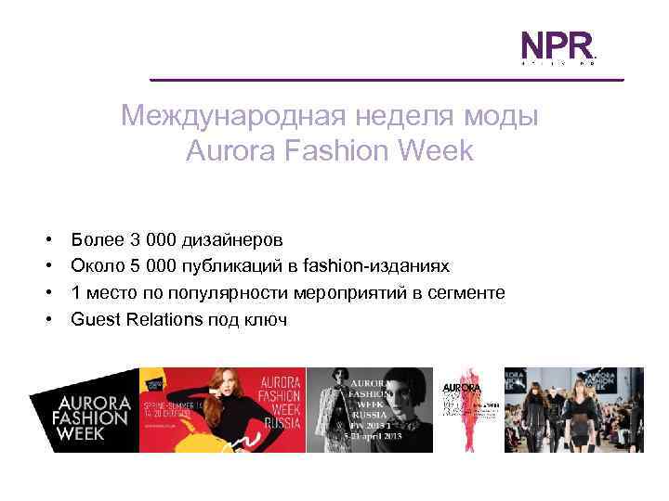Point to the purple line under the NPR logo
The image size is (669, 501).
pos(386,80)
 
